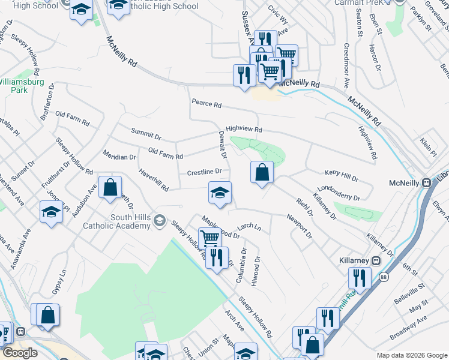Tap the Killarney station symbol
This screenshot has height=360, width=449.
(376, 260)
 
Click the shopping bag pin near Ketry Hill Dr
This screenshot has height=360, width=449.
(262, 173)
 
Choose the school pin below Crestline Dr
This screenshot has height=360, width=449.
(220, 193)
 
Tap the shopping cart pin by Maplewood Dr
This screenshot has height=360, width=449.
(209, 238)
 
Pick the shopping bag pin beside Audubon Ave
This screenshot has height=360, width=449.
(110, 187)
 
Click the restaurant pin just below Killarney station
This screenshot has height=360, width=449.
(359, 278)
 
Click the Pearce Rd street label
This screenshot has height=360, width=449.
(206, 104)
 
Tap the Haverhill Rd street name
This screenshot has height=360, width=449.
(154, 179)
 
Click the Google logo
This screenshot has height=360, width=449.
(20, 352)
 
